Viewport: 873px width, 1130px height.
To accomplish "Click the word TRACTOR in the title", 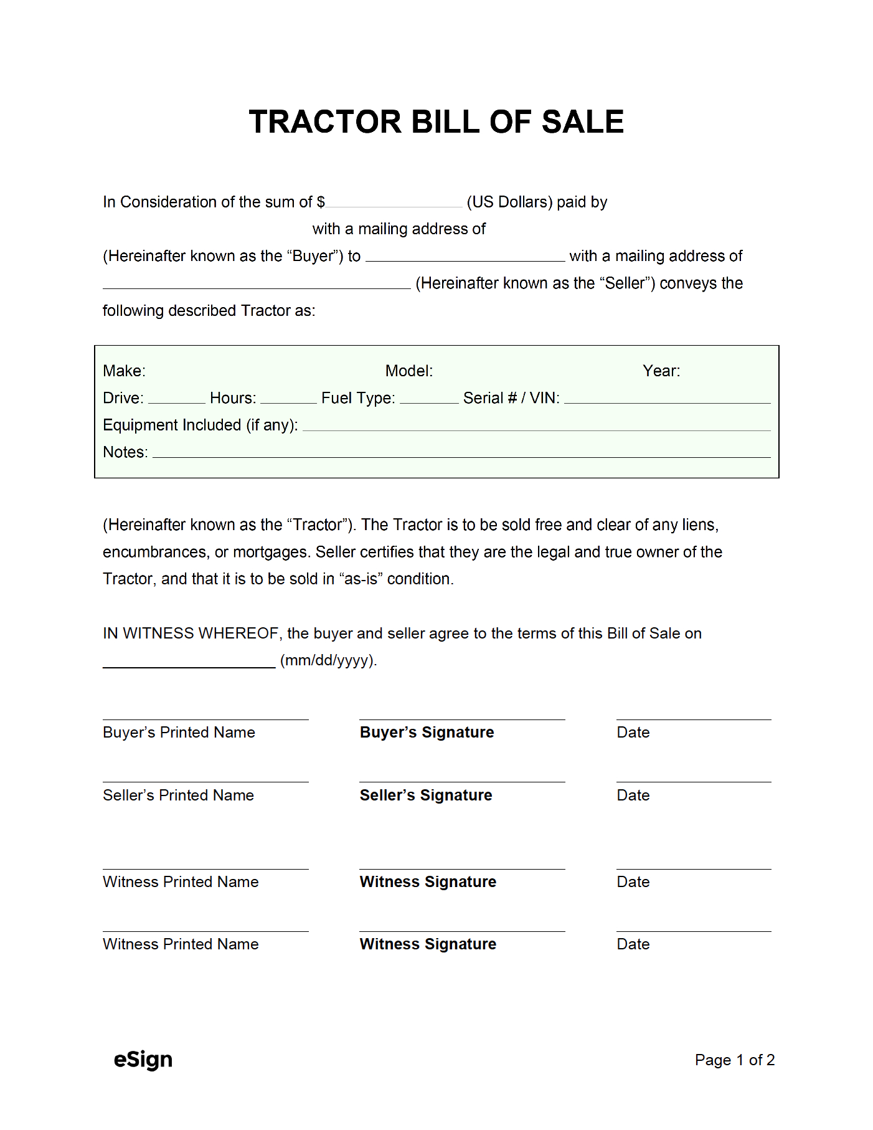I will [325, 122].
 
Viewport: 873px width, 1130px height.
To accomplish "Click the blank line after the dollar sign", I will [394, 204].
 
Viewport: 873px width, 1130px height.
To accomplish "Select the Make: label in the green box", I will [124, 371].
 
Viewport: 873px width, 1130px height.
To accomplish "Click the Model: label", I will [408, 371].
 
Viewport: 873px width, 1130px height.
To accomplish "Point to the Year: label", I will [661, 371].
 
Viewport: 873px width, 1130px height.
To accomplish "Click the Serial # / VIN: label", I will [511, 398].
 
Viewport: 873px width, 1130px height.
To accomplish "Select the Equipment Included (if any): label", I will [200, 425].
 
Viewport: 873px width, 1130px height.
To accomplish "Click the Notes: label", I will [125, 452].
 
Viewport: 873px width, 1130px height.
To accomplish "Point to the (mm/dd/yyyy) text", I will [328, 660].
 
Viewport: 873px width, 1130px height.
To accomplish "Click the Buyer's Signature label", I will [427, 733].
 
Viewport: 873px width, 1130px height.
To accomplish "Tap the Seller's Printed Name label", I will [178, 795].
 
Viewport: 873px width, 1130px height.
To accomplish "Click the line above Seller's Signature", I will [462, 782].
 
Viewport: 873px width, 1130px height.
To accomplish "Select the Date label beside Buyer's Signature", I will [633, 733].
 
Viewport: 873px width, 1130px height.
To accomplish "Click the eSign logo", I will [143, 1060].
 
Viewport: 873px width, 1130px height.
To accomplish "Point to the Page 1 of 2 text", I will [734, 1060].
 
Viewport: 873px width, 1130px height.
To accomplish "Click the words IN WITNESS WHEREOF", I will [191, 634].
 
